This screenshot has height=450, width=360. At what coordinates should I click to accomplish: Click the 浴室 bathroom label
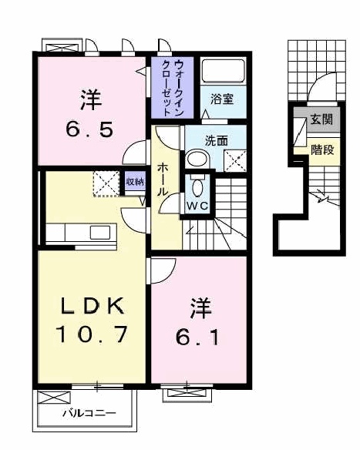(x=222, y=99)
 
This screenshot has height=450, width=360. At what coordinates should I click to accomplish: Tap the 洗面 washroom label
(x=217, y=141)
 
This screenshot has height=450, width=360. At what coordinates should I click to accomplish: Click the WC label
(x=198, y=206)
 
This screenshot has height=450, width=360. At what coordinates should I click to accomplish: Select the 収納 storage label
(x=135, y=182)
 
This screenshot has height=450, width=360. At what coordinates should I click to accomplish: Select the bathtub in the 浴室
(x=222, y=72)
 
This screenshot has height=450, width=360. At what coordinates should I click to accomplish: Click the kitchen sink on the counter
(x=99, y=231)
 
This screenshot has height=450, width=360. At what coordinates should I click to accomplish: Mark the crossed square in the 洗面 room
(x=234, y=160)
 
